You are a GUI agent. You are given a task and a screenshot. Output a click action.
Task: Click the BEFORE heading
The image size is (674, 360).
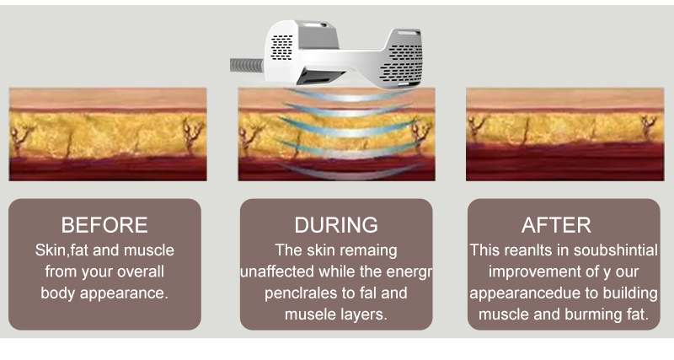click(x=104, y=225)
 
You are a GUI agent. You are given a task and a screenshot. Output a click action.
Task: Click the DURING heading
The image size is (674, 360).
click(x=336, y=225)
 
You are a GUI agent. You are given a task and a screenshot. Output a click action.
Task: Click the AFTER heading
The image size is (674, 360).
click(x=556, y=225)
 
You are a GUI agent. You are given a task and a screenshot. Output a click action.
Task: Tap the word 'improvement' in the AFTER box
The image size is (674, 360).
click(x=532, y=272)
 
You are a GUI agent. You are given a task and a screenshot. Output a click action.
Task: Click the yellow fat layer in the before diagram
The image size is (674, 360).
click(x=108, y=133)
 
